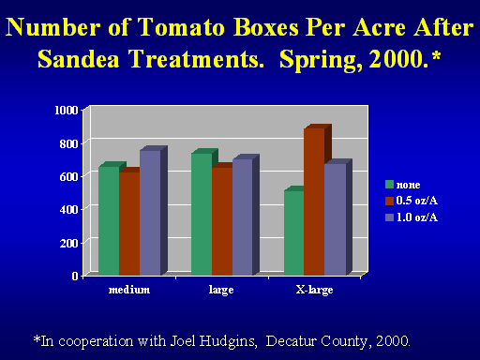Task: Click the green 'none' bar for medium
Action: coord(109,220)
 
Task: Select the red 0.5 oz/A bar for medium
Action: coord(129,223)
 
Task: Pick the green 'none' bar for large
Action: coord(202,214)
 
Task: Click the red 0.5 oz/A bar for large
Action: coord(222,221)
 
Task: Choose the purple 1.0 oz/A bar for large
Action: coord(243,217)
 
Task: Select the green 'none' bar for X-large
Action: coord(294,232)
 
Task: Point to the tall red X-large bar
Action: coord(314,202)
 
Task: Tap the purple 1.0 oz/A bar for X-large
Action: coord(336,219)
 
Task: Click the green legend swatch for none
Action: coord(389,185)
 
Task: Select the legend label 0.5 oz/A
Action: coord(417,201)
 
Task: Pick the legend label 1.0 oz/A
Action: coord(417,217)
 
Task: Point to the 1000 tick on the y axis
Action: coord(67,111)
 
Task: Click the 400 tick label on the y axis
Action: coord(68,210)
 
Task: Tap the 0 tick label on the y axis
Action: coord(75,276)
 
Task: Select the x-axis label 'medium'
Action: coord(129,290)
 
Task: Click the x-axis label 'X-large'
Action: coord(314,291)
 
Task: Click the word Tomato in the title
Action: coord(181,27)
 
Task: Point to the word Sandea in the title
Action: coord(79,59)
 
